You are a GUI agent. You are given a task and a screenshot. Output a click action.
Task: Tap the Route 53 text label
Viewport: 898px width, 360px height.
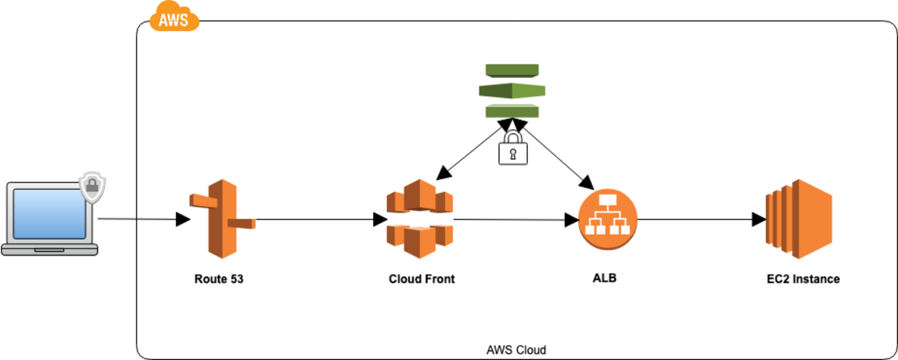point(219,280)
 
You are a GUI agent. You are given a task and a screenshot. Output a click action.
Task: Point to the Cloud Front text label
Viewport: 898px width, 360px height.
point(421,280)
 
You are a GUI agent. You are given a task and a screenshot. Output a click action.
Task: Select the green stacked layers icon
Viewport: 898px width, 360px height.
point(512,91)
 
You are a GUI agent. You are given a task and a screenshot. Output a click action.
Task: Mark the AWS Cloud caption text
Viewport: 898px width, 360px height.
point(516,350)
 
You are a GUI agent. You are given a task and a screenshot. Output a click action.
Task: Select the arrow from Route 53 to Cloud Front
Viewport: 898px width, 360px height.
point(318,220)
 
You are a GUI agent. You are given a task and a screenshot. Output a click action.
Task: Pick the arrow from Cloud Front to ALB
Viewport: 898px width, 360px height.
point(515,220)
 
